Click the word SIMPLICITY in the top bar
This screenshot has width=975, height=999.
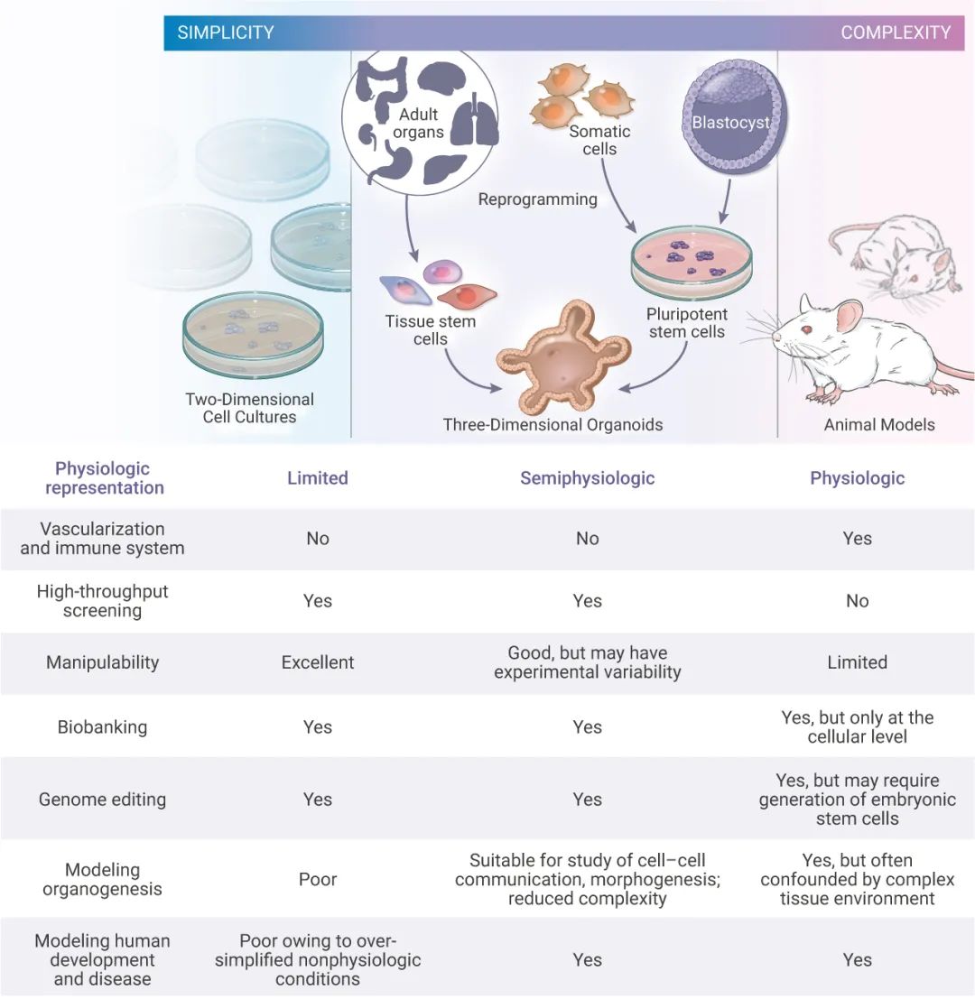(226, 33)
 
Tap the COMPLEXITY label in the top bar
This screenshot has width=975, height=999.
(896, 33)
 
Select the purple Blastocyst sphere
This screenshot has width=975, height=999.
(730, 122)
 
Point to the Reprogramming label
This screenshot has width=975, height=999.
(537, 199)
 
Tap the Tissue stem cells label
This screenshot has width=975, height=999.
(430, 330)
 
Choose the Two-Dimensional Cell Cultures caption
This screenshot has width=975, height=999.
(249, 408)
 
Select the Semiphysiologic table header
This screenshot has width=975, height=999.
(587, 478)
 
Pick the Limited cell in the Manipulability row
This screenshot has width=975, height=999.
(857, 662)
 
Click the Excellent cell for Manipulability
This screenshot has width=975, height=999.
(317, 662)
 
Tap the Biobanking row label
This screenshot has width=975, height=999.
(102, 727)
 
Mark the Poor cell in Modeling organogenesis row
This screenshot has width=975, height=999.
(317, 879)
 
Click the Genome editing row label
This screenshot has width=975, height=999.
(102, 800)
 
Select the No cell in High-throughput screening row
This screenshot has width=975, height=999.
(857, 601)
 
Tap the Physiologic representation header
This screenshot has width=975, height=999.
(104, 478)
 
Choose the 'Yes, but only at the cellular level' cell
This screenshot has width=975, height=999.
(857, 727)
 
